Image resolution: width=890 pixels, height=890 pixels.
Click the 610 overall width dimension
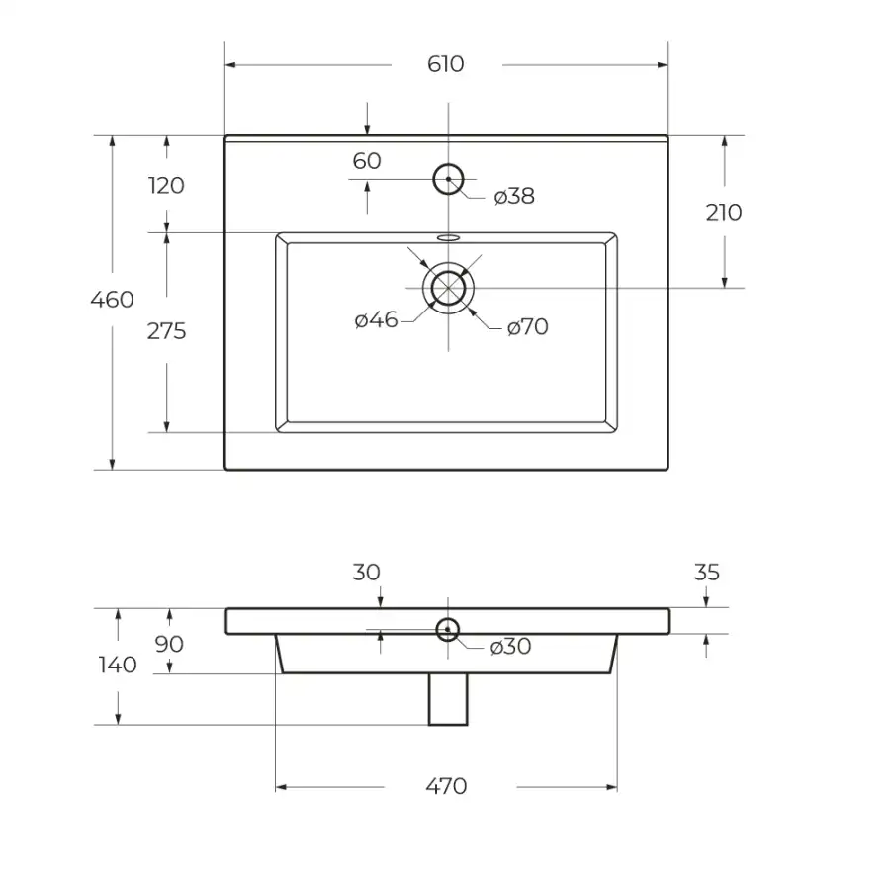click(446, 64)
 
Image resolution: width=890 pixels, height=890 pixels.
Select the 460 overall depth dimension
click(113, 299)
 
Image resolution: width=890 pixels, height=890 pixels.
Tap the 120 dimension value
click(166, 186)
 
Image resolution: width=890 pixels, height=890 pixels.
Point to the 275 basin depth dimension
click(166, 331)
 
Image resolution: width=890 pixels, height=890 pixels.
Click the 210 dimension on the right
click(724, 213)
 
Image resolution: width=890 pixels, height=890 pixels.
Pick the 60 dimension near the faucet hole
click(367, 161)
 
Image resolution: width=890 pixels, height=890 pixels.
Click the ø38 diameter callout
click(514, 196)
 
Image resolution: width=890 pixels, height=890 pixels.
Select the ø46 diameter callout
click(376, 320)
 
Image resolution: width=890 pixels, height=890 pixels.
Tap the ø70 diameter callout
click(527, 327)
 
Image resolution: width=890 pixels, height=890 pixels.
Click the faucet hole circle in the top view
click(448, 179)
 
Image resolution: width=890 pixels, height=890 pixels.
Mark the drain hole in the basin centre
click(448, 288)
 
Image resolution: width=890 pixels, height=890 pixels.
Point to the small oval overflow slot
click(448, 237)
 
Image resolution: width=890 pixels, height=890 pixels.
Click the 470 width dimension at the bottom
click(446, 786)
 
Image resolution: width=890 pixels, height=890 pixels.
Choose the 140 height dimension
click(118, 665)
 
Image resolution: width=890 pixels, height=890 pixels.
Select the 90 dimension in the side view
click(169, 644)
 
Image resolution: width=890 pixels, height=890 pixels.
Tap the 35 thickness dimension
click(707, 573)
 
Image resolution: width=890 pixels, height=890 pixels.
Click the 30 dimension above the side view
click(366, 573)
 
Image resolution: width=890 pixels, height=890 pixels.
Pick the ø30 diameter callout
click(510, 647)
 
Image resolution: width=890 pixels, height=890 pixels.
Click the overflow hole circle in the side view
click(448, 630)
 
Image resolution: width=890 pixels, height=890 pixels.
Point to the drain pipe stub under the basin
click(448, 699)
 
